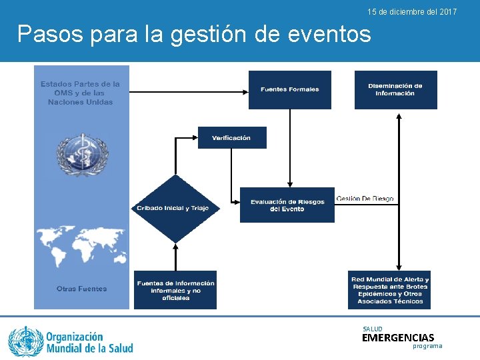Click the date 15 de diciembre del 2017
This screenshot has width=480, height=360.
pyautogui.click(x=412, y=12)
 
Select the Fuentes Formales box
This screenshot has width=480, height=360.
pyautogui.click(x=289, y=89)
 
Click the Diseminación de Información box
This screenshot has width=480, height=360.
pyautogui.click(x=395, y=89)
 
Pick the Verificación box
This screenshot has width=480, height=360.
pyautogui.click(x=232, y=137)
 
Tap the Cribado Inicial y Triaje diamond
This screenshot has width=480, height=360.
pyautogui.click(x=173, y=208)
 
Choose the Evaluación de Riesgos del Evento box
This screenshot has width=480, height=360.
pyautogui.click(x=287, y=205)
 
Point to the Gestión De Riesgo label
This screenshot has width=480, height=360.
pyautogui.click(x=365, y=199)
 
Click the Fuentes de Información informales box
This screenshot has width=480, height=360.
pyautogui.click(x=175, y=290)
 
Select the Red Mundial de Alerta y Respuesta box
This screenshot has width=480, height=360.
pyautogui.click(x=390, y=290)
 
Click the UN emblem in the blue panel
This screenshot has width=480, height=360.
pyautogui.click(x=82, y=155)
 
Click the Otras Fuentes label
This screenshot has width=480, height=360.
pyautogui.click(x=81, y=289)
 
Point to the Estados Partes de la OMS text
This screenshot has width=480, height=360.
pyautogui.click(x=81, y=93)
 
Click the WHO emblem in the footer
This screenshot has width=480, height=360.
pyautogui.click(x=25, y=341)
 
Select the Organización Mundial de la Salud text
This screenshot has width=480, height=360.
pyautogui.click(x=89, y=342)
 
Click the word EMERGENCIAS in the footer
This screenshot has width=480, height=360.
pyautogui.click(x=397, y=338)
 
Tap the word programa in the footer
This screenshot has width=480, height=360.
pyautogui.click(x=427, y=347)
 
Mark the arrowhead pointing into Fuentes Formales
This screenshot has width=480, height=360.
pyautogui.click(x=245, y=89)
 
